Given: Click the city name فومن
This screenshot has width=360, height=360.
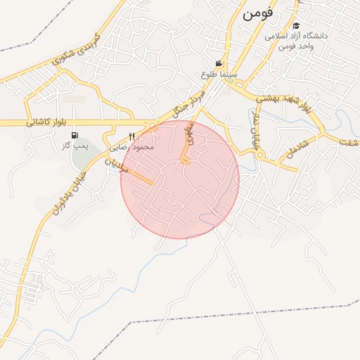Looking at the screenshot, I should coord(259,14).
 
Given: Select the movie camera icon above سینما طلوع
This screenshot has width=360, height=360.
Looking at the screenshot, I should coord(220,64).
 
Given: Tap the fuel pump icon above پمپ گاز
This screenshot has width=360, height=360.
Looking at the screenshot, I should coord(75,136).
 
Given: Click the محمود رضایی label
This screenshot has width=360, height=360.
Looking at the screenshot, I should coord(132,148).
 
